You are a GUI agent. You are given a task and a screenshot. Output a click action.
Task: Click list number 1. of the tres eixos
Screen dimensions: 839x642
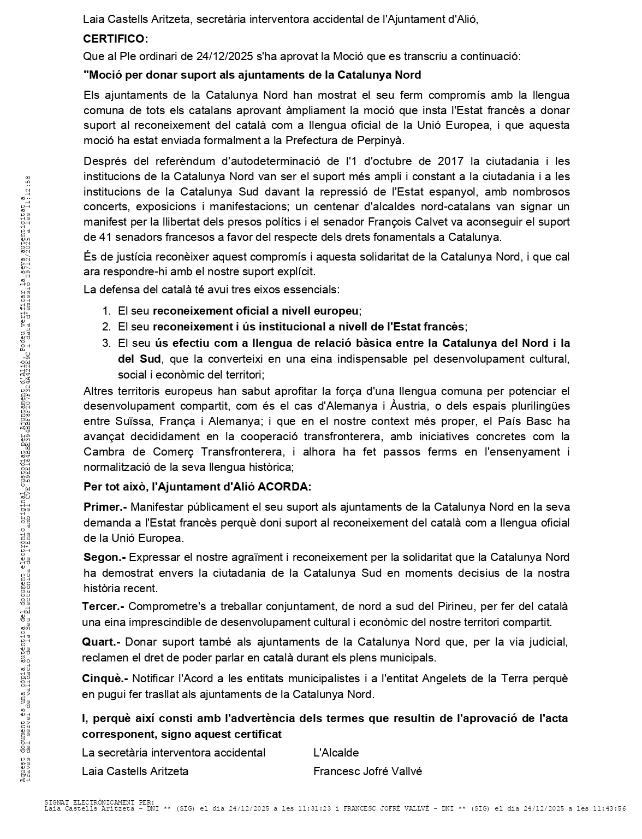106,311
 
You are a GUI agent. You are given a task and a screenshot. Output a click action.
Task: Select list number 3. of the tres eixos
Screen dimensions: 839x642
106,344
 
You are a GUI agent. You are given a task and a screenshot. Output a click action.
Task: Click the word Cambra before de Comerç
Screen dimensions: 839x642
101,452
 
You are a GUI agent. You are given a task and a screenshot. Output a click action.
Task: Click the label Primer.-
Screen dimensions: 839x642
105,507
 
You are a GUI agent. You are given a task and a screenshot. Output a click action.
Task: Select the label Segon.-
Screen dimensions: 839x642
104,558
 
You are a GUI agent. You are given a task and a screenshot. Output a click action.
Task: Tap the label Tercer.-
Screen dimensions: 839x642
103,607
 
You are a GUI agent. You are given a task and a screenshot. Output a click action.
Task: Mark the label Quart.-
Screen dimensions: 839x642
101,642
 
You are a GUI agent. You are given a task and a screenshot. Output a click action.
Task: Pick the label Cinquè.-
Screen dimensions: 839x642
105,679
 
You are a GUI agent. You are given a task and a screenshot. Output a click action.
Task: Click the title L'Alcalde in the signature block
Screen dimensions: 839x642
336,753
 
